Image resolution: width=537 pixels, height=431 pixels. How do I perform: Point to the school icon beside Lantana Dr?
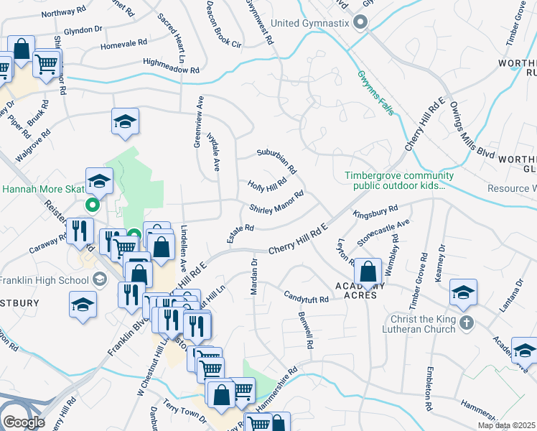[x=463, y=292]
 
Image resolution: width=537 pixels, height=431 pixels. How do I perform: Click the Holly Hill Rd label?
[x=268, y=185]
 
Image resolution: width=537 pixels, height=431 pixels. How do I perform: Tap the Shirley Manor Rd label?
[x=277, y=202]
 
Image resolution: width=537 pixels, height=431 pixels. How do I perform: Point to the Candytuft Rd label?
[x=306, y=295]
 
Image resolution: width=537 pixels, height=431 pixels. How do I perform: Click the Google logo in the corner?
[x=24, y=422]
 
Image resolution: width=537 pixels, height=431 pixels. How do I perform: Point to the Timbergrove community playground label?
[x=398, y=180]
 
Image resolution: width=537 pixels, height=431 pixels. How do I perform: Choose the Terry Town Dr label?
[x=185, y=412]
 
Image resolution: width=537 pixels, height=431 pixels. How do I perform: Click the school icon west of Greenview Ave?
[x=125, y=121]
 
